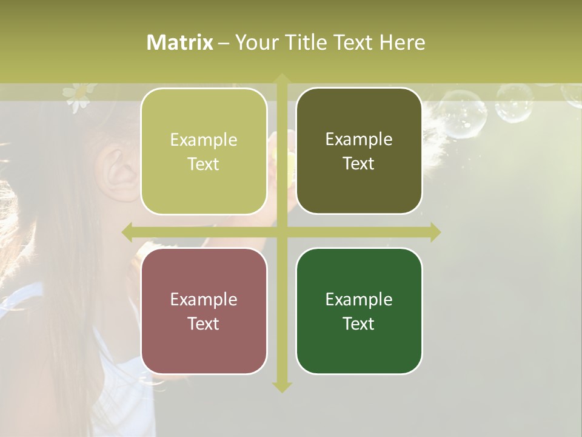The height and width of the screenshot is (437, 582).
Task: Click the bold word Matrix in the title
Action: click(180, 42)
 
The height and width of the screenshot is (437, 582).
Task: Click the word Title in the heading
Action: click(298, 42)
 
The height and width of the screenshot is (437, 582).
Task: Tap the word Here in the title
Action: click(402, 42)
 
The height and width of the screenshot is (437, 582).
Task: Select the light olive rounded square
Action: click(204, 151)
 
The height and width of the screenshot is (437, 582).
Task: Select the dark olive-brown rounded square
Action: click(359, 151)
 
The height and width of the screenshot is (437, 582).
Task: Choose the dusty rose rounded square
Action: click(204, 311)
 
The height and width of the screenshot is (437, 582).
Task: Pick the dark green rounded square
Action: click(359, 311)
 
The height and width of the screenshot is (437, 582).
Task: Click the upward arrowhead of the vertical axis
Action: click(282, 78)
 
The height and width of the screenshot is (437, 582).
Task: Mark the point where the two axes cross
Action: click(282, 232)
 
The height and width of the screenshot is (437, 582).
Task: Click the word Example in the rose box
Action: click(204, 299)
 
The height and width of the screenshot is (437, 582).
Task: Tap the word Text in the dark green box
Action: click(359, 324)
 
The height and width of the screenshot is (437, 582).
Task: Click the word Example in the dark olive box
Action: click(359, 139)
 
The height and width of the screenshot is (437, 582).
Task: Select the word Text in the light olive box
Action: click(204, 164)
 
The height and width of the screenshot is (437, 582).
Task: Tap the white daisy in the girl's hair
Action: click(76, 97)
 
